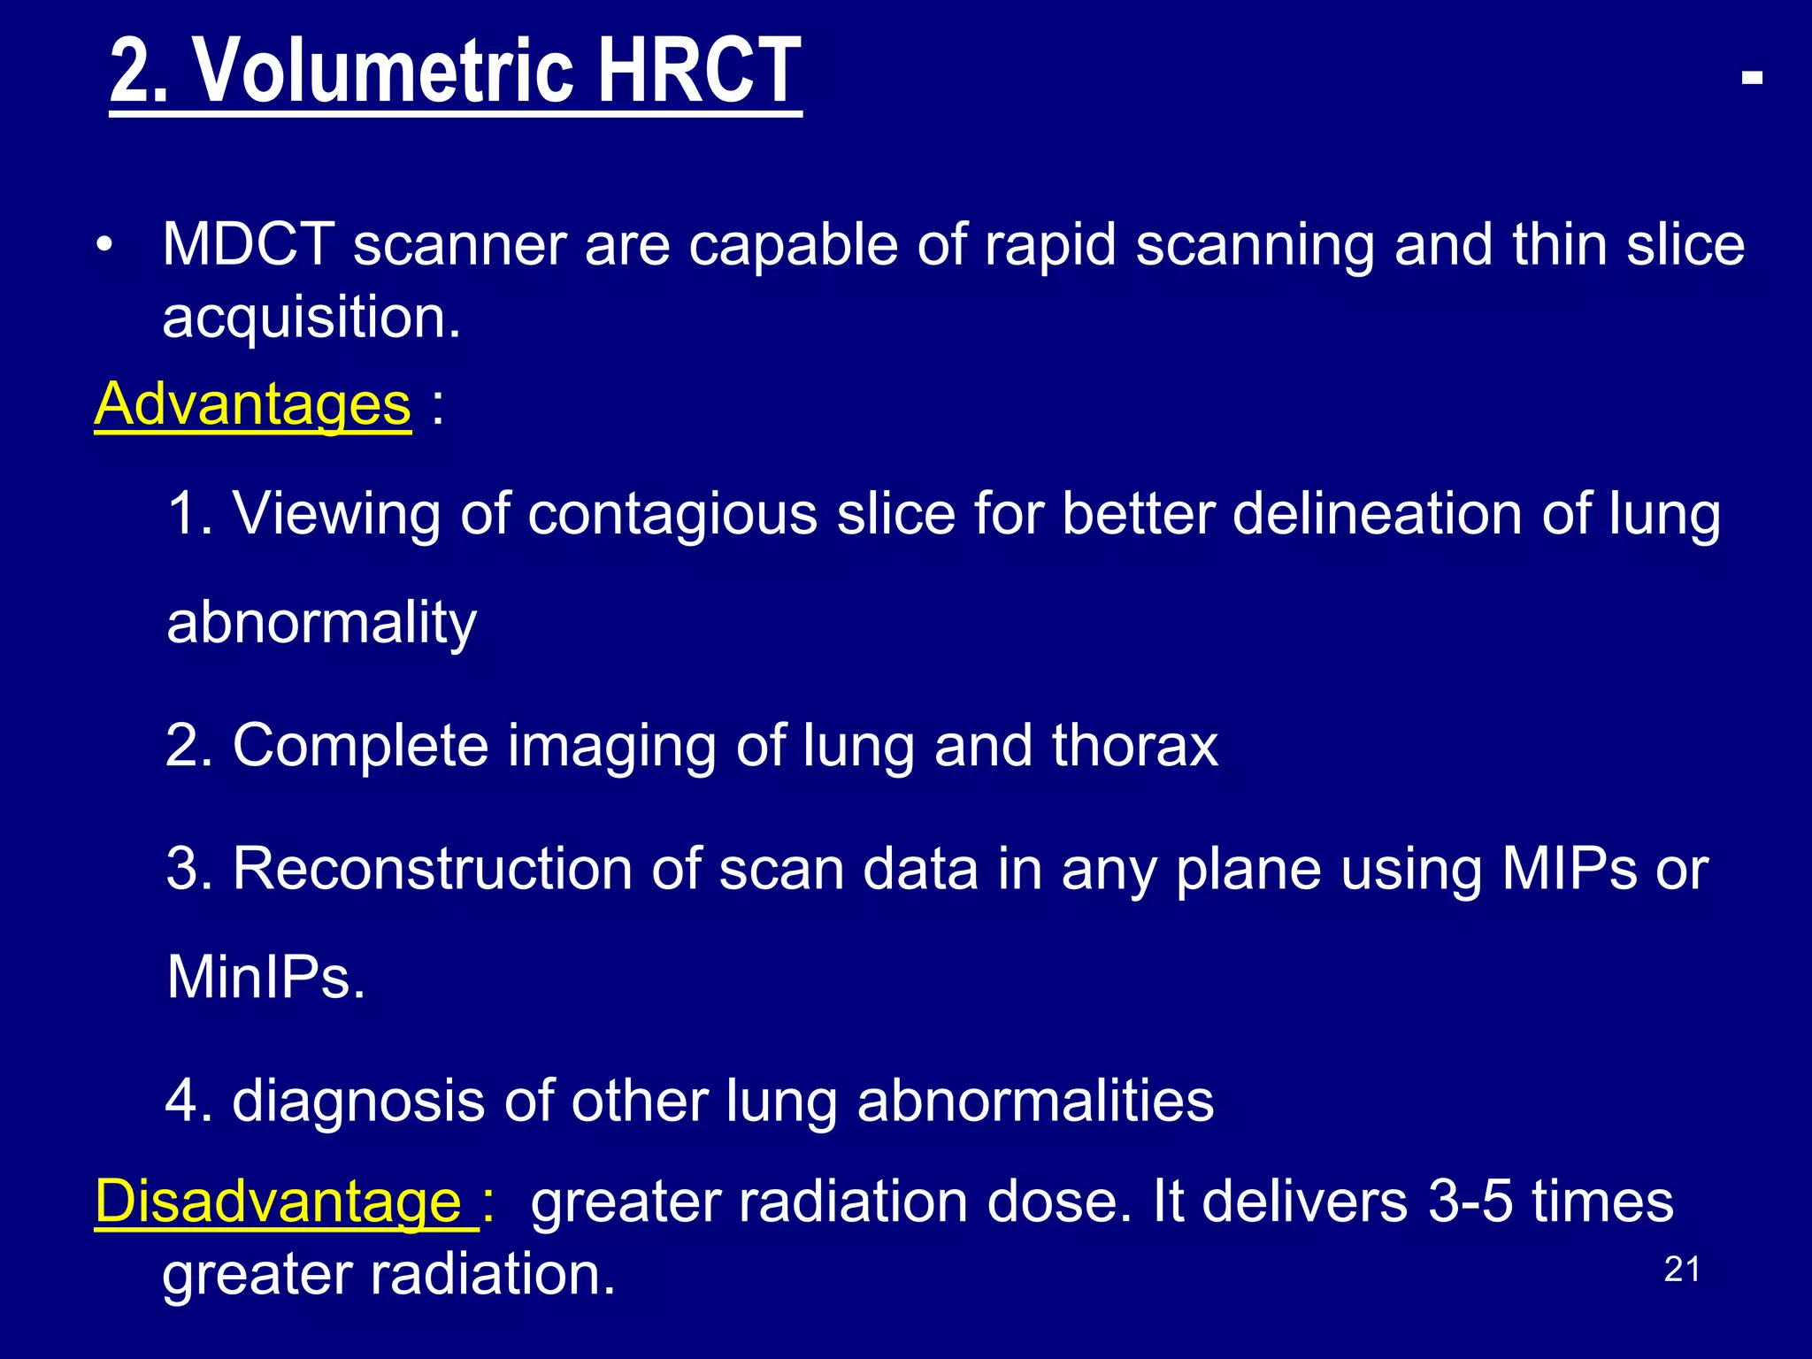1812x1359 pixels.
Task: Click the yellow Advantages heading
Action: click(253, 404)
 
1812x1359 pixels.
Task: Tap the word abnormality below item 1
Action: click(322, 624)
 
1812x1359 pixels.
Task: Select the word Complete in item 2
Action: click(360, 746)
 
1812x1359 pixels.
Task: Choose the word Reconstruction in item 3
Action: click(432, 869)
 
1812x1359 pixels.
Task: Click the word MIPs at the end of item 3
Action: click(1569, 869)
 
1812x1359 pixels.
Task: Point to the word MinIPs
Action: click(265, 978)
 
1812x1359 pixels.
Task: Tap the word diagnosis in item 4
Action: click(357, 1102)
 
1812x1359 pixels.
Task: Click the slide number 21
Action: click(1682, 1270)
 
